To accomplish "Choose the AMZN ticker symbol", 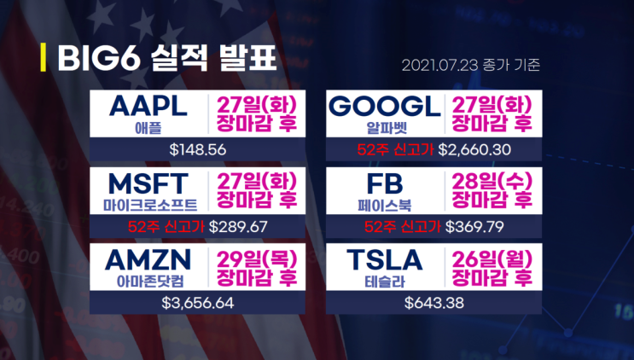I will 148,258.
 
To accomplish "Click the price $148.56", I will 198,150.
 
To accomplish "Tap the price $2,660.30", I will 474,150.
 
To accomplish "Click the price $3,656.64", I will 198,302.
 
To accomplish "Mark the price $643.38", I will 433,302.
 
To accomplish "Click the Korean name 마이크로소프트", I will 148,206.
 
